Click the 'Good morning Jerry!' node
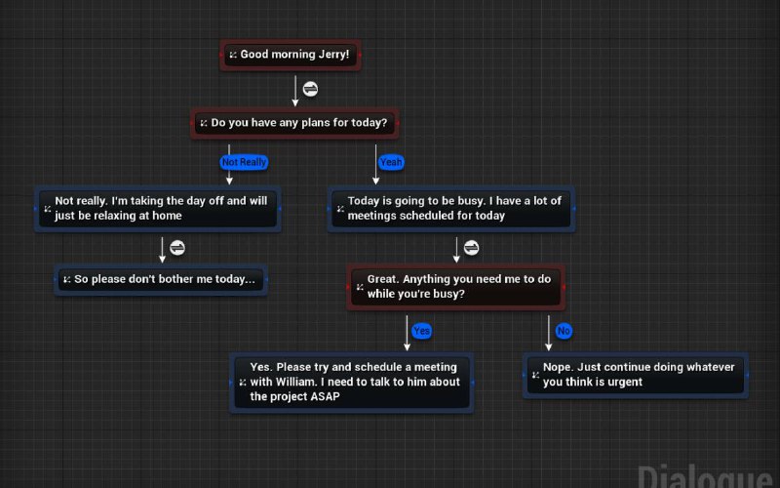point(291,55)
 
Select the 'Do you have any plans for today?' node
point(294,123)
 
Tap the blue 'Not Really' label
point(244,162)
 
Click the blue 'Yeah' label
point(391,162)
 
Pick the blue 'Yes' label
point(421,331)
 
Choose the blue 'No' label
point(564,331)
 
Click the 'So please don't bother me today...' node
point(161,279)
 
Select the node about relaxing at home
point(158,209)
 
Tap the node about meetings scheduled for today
point(451,209)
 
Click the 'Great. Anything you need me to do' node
point(455,287)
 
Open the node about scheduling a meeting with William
point(352,383)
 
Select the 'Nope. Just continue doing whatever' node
point(636,375)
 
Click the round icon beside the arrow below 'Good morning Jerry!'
point(310,89)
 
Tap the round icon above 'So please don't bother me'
point(177,248)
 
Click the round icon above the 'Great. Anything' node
point(472,248)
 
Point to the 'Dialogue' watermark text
point(706,476)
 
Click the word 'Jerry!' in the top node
point(333,55)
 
